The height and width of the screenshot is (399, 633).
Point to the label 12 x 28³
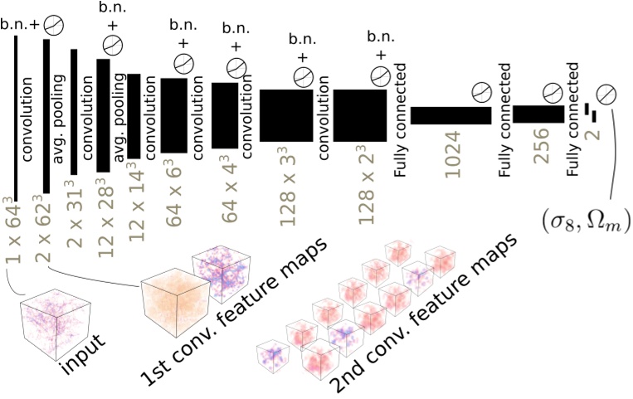click(105, 211)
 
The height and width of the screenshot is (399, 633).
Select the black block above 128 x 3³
click(285, 115)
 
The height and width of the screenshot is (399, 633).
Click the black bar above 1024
click(451, 115)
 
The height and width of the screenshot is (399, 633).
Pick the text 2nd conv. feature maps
click(423, 314)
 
